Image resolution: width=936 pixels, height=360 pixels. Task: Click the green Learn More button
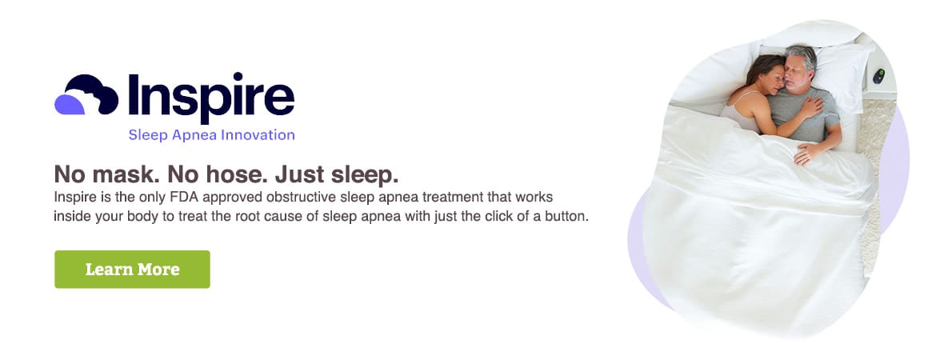(132, 270)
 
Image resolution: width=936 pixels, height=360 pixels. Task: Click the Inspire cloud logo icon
(86, 94)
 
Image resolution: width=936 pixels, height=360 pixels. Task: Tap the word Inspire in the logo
(211, 97)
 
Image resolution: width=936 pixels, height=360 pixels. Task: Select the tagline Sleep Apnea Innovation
(211, 135)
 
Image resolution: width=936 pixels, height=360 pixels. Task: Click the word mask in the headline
(123, 174)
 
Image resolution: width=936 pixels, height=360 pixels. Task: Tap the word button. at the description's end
(568, 216)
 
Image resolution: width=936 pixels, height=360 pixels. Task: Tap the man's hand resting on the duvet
(806, 154)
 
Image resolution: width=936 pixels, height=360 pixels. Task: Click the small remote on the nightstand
(878, 76)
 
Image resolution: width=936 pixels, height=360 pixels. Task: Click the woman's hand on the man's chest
(810, 107)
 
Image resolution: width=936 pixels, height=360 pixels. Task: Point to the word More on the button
(158, 270)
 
